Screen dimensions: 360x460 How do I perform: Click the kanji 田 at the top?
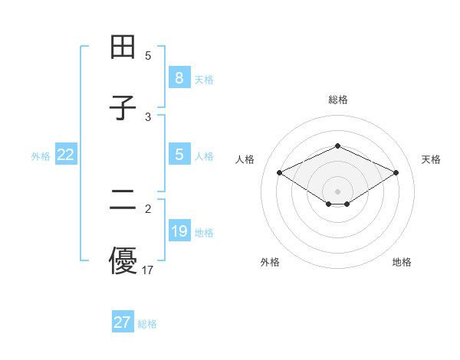tap(123, 47)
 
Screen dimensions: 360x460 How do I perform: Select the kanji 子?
tap(123, 108)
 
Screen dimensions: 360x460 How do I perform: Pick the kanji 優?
tap(123, 260)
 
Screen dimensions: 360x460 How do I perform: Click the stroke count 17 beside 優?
tap(148, 270)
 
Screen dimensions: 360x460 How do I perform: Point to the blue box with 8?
tap(179, 78)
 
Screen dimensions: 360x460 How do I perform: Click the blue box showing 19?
tap(179, 231)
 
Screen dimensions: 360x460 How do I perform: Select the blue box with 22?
tap(65, 155)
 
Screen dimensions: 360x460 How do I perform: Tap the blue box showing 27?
tap(122, 322)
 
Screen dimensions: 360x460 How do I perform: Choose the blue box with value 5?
tap(179, 155)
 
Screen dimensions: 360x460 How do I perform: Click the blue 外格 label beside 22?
tap(41, 155)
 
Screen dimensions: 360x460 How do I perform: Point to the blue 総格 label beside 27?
tap(147, 324)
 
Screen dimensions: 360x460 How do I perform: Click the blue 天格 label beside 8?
tap(204, 79)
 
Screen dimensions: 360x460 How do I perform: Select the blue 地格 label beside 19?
tap(204, 232)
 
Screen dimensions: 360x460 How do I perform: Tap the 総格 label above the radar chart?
tap(338, 100)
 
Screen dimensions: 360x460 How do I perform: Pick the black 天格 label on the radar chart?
tap(431, 159)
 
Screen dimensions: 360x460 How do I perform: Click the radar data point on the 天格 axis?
tap(396, 172)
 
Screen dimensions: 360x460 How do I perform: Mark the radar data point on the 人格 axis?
tap(279, 172)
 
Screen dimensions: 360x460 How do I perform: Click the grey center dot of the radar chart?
tap(338, 191)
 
